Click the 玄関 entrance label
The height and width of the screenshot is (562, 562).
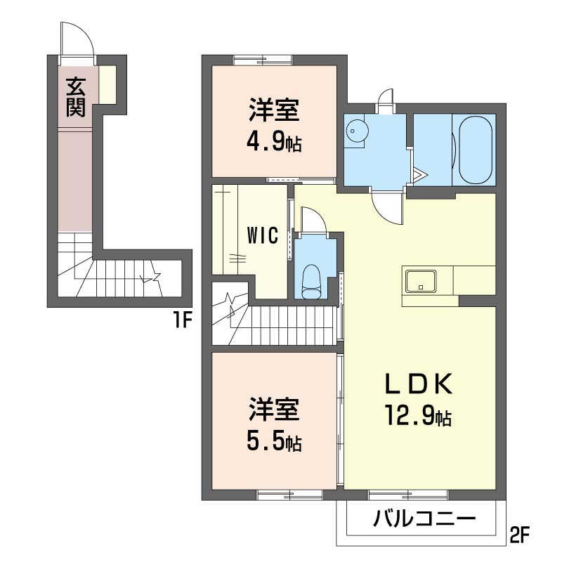pyautogui.click(x=76, y=97)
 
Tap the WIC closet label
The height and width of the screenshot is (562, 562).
pyautogui.click(x=263, y=235)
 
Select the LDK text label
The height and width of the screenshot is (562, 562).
pyautogui.click(x=418, y=384)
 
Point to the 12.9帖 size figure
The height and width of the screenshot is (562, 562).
pyautogui.click(x=418, y=415)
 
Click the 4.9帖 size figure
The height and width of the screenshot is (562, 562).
pyautogui.click(x=274, y=141)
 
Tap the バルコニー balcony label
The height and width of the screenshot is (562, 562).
pyautogui.click(x=424, y=518)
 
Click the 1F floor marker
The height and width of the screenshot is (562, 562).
pyautogui.click(x=183, y=320)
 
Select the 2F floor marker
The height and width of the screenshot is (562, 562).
pyautogui.click(x=519, y=535)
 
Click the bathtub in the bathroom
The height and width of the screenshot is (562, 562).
pyautogui.click(x=476, y=150)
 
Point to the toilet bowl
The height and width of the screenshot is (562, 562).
pyautogui.click(x=311, y=282)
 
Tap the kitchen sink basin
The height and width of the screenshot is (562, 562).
pyautogui.click(x=421, y=281)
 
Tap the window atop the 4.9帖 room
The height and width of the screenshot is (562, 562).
pyautogui.click(x=263, y=60)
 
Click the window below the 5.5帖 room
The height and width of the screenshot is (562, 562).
pyautogui.click(x=290, y=495)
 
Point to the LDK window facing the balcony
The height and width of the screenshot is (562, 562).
pyautogui.click(x=409, y=495)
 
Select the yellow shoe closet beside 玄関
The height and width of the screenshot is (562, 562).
pyautogui.click(x=107, y=85)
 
